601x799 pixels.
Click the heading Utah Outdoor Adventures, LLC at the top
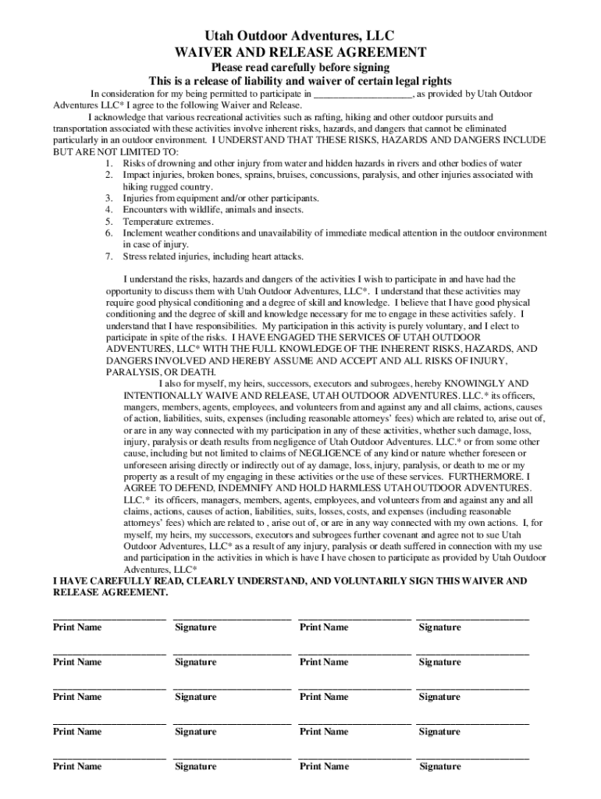[x=300, y=36]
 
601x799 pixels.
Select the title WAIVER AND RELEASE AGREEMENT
[x=300, y=52]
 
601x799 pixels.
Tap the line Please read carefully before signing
[x=300, y=68]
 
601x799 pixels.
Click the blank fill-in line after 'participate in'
[x=363, y=94]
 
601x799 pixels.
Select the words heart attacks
[x=278, y=257]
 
